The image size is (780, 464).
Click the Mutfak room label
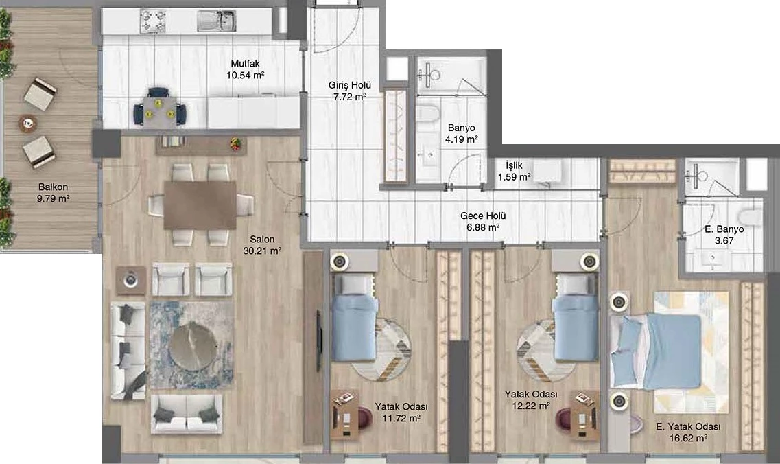click(245, 64)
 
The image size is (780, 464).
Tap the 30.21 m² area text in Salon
click(262, 251)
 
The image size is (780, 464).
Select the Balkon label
click(53, 187)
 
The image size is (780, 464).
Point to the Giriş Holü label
click(350, 85)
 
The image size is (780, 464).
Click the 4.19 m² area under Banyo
click(462, 139)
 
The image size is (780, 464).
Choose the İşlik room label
click(514, 165)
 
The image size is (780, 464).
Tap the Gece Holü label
click(483, 216)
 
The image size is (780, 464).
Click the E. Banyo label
click(724, 229)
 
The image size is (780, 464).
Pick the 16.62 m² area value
click(689, 438)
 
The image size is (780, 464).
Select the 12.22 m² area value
click(531, 406)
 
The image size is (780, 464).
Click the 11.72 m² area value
click(401, 418)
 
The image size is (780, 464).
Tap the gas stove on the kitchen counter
click(152, 21)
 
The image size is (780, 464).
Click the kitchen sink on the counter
click(216, 21)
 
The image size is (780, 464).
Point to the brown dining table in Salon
click(200, 205)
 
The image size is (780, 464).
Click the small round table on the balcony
click(28, 123)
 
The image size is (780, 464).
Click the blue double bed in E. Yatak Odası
click(656, 351)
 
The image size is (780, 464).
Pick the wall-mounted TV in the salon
click(319, 340)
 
